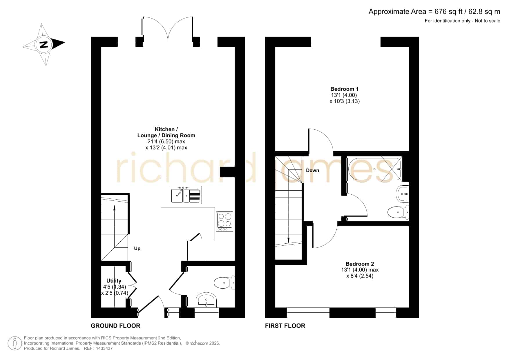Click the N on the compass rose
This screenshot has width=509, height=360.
pos(44,45)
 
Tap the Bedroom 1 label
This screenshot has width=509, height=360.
pos(344,89)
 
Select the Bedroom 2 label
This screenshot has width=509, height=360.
pos(360,264)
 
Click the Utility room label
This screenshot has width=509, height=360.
pos(114,281)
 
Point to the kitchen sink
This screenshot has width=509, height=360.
pos(186,195)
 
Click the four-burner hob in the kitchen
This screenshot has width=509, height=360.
pos(224,222)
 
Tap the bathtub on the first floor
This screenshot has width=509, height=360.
pos(374,169)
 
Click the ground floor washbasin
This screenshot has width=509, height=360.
pos(206,300)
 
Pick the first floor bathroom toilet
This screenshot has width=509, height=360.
pos(398,212)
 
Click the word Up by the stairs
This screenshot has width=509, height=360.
pos(137,249)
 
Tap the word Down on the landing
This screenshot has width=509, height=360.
pos(312,171)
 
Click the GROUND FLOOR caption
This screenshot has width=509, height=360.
pos(115,326)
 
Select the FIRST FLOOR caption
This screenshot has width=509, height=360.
pos(285,326)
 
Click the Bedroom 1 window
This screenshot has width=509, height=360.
pos(346,42)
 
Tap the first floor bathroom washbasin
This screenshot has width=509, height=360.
pos(403,194)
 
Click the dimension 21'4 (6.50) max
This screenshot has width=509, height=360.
pos(166,142)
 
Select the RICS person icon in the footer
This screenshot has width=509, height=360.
pos(15,343)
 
